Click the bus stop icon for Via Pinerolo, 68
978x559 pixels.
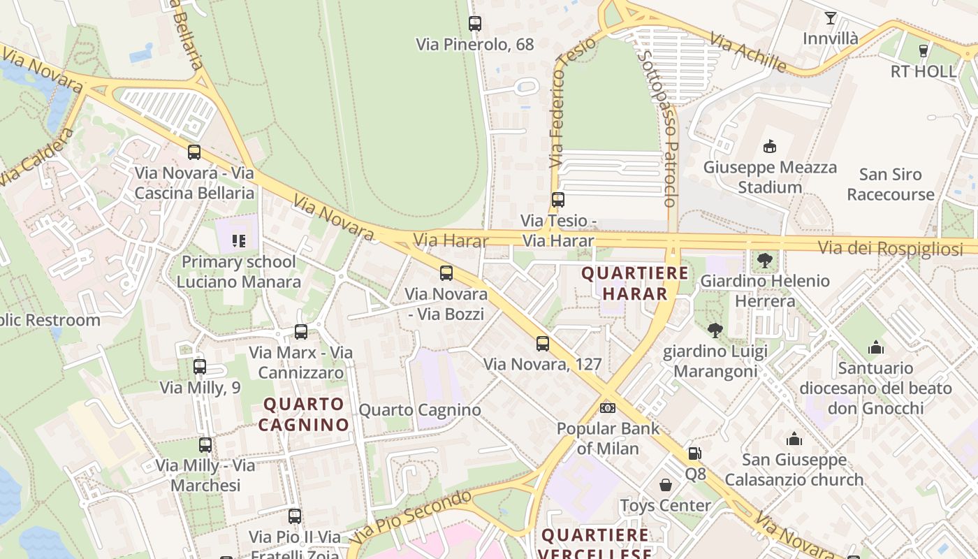click(475, 24)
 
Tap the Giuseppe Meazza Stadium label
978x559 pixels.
click(770, 177)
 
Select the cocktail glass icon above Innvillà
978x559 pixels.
click(830, 18)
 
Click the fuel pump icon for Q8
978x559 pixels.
click(694, 453)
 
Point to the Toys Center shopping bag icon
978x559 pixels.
click(666, 485)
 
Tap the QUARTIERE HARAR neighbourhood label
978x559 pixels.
click(634, 283)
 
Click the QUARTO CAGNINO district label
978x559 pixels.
click(304, 414)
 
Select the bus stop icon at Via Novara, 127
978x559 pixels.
click(543, 344)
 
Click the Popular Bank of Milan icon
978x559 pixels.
click(608, 407)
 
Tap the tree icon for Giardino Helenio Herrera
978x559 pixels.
click(765, 261)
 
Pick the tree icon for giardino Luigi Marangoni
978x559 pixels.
click(715, 331)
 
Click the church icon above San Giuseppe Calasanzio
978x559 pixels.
click(794, 440)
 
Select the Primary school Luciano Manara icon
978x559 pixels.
click(239, 241)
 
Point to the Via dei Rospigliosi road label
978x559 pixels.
click(890, 248)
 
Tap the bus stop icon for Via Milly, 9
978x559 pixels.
click(200, 366)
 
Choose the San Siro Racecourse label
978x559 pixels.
click(890, 184)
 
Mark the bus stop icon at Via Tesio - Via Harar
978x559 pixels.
click(557, 200)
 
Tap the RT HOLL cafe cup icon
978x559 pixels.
click(923, 50)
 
